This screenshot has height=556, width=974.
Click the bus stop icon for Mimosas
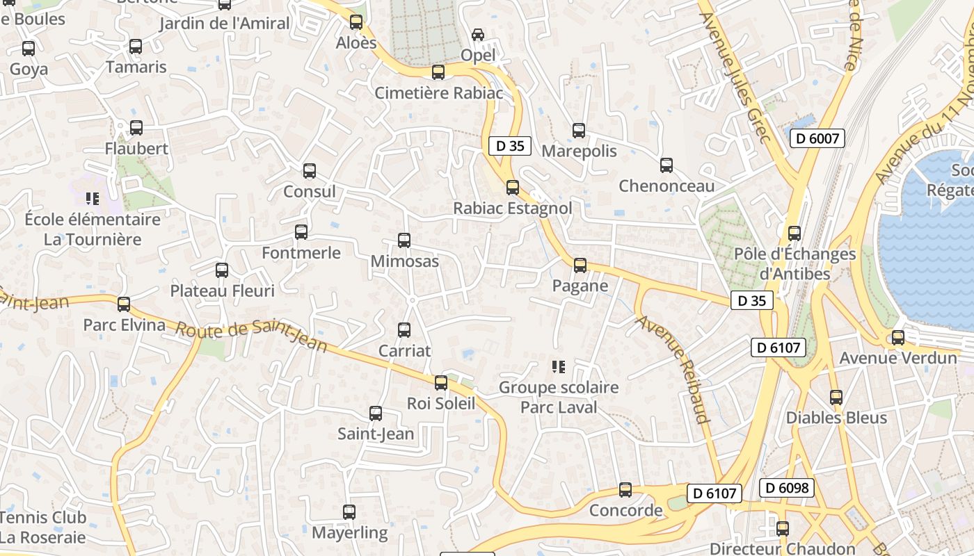[404, 240]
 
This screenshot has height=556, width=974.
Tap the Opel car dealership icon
[478, 34]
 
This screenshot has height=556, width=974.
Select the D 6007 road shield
[817, 138]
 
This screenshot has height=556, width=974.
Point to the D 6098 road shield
[787, 488]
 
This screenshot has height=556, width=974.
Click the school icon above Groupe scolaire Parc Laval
[558, 366]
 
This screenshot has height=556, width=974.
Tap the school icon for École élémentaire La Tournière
[93, 199]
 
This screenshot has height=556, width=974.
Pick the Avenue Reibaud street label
[673, 369]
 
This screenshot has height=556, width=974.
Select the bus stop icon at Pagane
[580, 265]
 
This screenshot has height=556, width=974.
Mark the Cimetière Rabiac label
[439, 92]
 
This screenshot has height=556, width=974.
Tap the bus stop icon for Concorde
[625, 490]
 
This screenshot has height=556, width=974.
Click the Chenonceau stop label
[666, 186]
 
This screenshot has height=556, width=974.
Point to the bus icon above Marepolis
[579, 130]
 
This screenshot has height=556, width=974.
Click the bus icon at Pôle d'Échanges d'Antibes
[795, 234]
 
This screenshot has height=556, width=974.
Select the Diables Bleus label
[836, 418]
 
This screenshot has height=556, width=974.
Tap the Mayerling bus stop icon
[349, 512]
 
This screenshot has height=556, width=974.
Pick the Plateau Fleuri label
[223, 291]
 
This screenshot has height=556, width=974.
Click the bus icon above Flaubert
[136, 128]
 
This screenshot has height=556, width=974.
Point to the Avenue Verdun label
[898, 358]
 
